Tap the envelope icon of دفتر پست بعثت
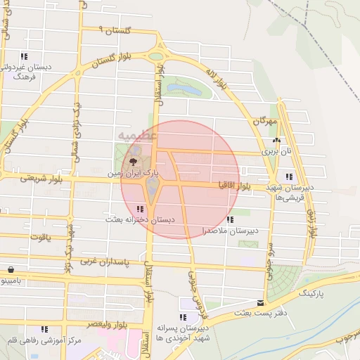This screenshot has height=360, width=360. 261,302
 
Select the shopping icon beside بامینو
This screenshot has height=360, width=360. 11,269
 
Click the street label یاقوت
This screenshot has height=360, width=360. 40,237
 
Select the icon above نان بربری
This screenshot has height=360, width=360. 277,140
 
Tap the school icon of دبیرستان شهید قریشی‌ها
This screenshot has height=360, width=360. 288,176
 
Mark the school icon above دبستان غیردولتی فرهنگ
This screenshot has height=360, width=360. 24,56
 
